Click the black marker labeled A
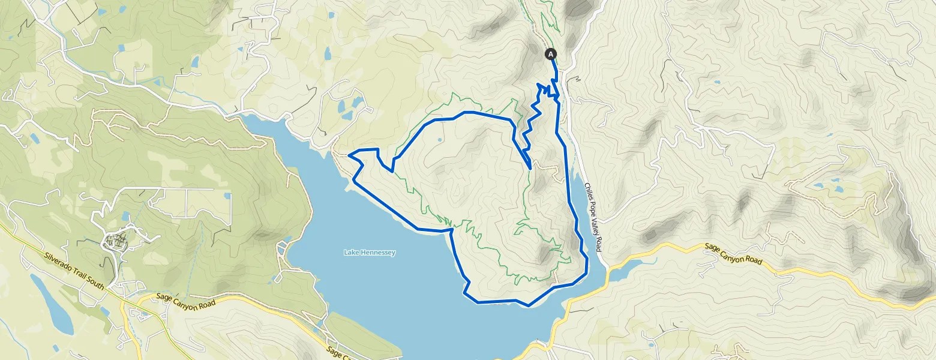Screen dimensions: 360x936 click(551, 54)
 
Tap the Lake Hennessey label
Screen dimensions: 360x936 click(370, 253)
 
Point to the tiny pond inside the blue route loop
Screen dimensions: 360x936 click(440, 140)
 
